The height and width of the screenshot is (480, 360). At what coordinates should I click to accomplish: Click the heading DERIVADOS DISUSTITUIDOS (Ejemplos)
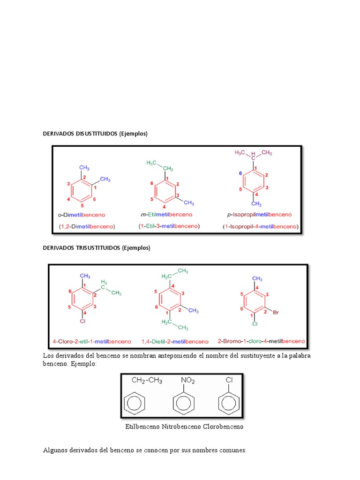click(x=95, y=134)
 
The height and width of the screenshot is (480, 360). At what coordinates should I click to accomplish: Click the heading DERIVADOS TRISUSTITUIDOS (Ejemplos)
click(x=97, y=248)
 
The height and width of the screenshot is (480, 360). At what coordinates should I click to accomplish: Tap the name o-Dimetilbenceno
click(x=82, y=215)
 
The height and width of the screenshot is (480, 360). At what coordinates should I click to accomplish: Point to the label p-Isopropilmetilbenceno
click(x=259, y=215)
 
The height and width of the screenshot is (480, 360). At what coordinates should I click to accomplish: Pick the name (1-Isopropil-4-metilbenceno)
click(x=261, y=226)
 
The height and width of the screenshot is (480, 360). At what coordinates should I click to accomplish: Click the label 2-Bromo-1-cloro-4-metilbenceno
click(x=262, y=341)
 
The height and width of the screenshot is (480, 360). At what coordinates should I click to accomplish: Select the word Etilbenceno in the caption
click(x=142, y=427)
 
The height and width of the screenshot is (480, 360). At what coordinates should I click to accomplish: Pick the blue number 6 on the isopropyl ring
click(x=240, y=173)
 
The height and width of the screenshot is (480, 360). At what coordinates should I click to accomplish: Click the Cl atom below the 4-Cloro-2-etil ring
click(x=82, y=322)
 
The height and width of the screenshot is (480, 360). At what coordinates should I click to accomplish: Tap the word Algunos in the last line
click(x=56, y=450)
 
